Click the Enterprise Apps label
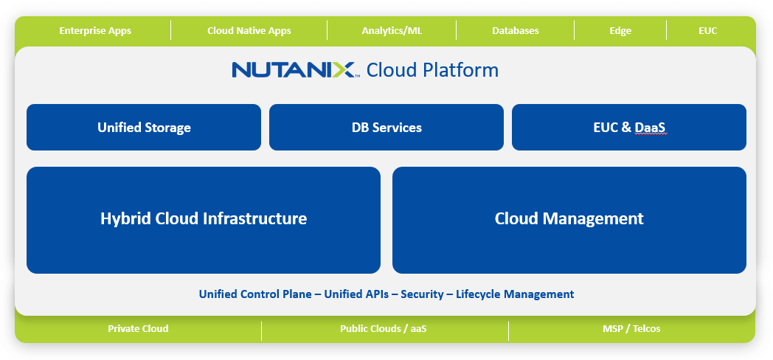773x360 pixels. tap(95, 31)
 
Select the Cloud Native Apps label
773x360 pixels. tap(249, 31)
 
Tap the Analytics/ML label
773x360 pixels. tap(392, 31)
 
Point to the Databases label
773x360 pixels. tap(515, 31)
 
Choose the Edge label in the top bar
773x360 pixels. tap(620, 31)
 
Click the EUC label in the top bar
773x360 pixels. tap(707, 31)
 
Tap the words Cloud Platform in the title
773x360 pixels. tap(432, 70)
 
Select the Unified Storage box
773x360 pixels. tap(144, 128)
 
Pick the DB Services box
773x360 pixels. tap(386, 128)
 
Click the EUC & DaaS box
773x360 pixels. tap(629, 128)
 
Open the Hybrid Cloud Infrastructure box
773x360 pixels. tap(204, 219)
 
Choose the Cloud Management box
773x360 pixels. tap(569, 219)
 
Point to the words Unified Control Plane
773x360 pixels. tap(255, 294)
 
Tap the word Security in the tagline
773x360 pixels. tap(422, 294)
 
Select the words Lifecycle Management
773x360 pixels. tap(515, 294)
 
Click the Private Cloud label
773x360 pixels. tap(138, 329)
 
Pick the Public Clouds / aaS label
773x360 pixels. tap(383, 329)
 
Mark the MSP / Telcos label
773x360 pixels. tap(631, 329)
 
